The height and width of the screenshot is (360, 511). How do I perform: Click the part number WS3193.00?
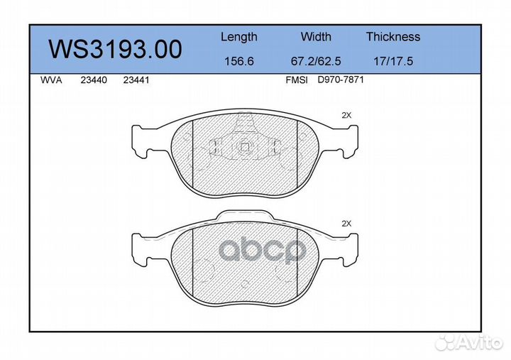[116, 49]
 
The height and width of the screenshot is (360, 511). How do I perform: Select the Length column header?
[239, 37]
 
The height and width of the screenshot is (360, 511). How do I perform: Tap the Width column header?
[316, 36]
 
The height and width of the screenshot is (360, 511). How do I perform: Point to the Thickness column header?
[393, 36]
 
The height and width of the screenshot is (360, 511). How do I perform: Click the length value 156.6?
[239, 61]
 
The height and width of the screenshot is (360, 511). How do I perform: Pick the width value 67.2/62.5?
[316, 61]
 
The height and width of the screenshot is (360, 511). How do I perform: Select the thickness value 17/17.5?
[393, 61]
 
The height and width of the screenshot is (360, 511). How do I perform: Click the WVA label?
[51, 80]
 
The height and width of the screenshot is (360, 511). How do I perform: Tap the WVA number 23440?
[94, 80]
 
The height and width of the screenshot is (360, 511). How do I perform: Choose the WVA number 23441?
[136, 80]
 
